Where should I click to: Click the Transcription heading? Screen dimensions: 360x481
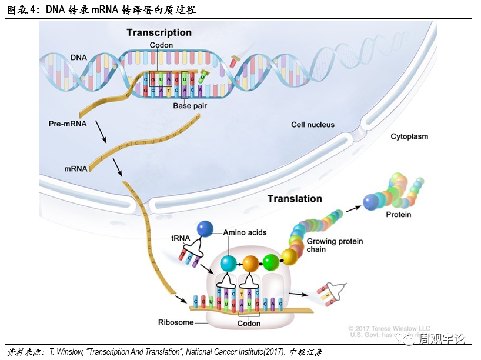click(159, 33)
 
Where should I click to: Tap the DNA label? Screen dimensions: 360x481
click(79, 57)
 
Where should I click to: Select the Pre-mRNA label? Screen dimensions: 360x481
click(68, 125)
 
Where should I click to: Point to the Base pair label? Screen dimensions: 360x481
click(189, 106)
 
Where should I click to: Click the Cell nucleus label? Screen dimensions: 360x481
click(313, 125)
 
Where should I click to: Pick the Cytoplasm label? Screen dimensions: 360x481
click(409, 136)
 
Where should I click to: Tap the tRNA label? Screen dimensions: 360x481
click(181, 238)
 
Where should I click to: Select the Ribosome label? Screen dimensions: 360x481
click(175, 322)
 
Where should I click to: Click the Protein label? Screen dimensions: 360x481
click(398, 215)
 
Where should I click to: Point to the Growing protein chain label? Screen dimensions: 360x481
click(335, 245)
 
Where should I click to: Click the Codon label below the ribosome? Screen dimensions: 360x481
click(249, 324)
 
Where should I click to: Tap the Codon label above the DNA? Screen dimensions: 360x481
click(161, 45)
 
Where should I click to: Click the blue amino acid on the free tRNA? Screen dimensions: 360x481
click(205, 229)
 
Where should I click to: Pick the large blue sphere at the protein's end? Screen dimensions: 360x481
click(371, 202)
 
